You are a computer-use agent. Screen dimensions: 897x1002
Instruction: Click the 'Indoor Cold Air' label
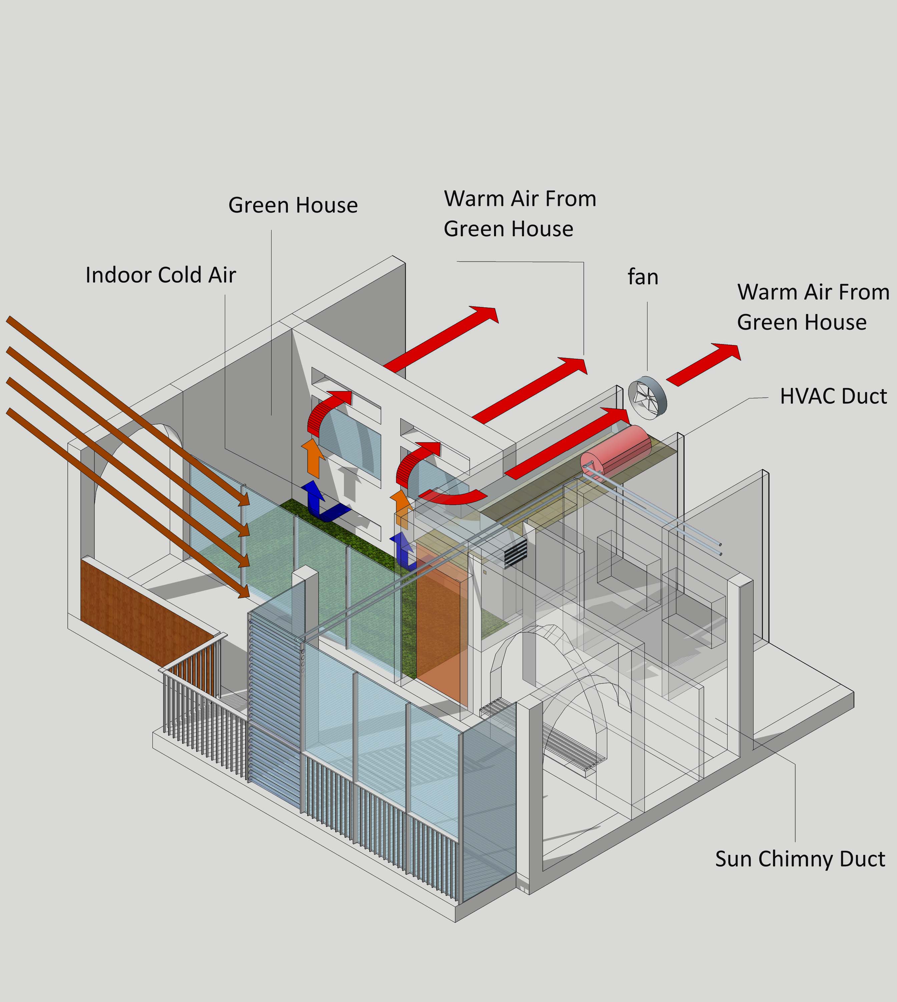click(x=161, y=275)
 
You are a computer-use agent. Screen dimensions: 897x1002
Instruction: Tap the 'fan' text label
click(x=643, y=277)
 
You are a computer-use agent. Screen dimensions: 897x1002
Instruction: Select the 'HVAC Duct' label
click(x=833, y=396)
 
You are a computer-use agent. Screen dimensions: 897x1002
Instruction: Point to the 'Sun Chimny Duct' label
click(x=800, y=859)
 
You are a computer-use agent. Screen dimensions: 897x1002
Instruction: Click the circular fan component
click(x=647, y=398)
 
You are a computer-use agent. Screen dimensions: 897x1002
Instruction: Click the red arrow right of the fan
click(x=703, y=365)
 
